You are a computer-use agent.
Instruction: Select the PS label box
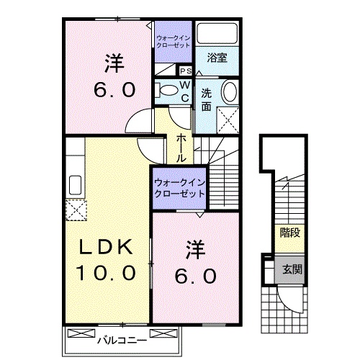[185, 71]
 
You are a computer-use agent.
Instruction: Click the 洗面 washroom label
[207, 99]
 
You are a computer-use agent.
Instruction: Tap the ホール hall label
[181, 146]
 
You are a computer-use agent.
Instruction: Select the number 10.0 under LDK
[107, 274]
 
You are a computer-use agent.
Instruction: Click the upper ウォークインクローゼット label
[173, 39]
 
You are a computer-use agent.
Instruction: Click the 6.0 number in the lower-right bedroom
[193, 276]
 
